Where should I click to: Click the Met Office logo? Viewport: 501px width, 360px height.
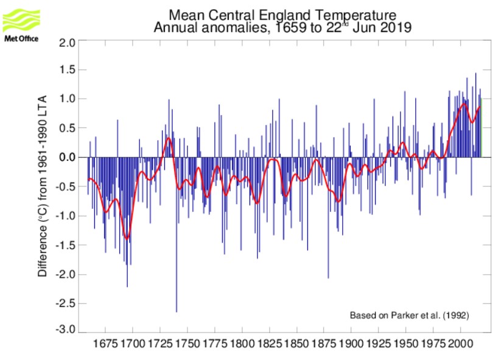click(21, 24)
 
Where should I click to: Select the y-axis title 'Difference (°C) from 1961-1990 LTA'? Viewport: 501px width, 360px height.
click(43, 186)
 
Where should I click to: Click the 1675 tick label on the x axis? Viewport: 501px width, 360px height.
click(105, 345)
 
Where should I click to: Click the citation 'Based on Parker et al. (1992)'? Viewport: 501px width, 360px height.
click(409, 316)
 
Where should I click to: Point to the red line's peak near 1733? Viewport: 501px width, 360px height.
click(169, 139)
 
